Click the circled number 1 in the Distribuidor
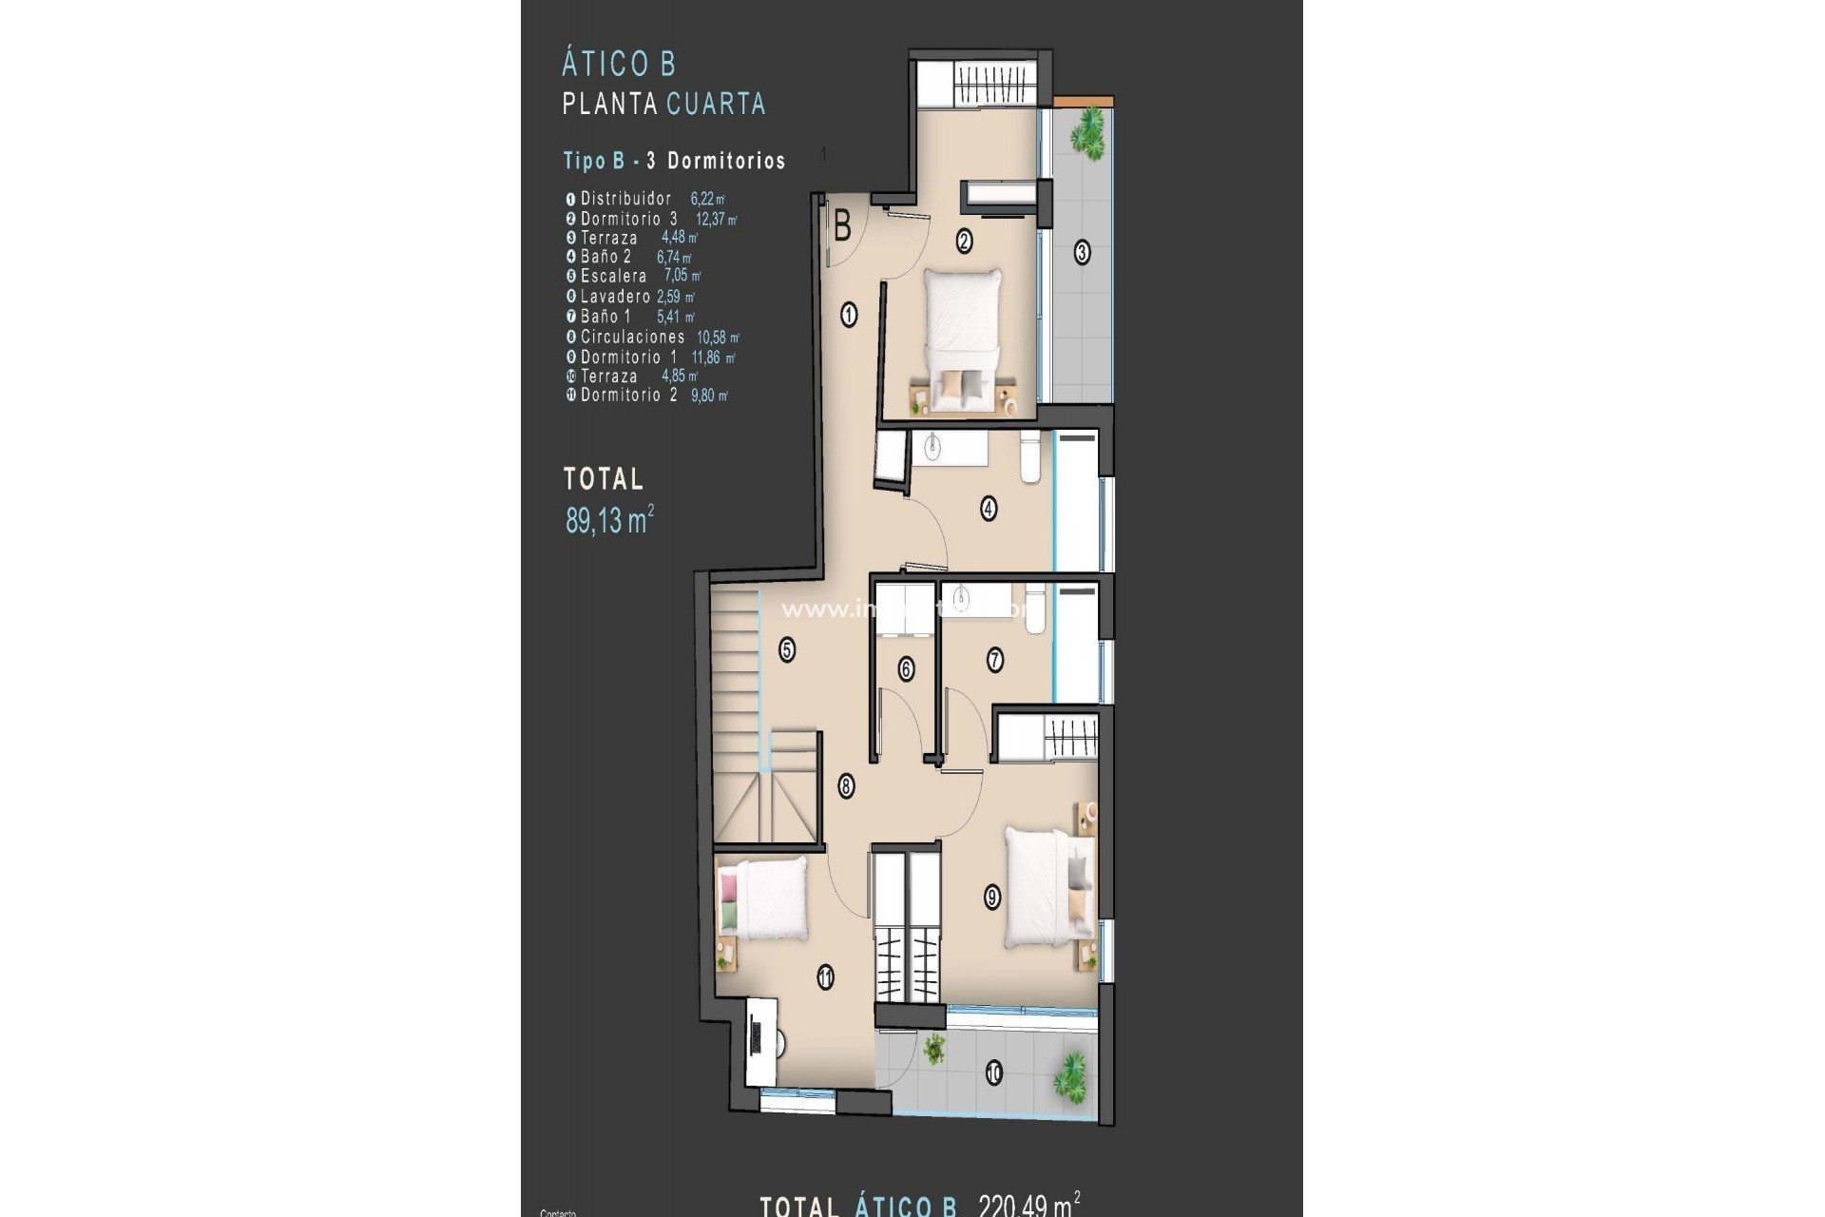849,315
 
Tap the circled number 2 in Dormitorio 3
964,241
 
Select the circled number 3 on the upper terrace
1082,253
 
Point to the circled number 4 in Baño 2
989,509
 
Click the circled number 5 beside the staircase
786,650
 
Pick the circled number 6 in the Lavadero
906,669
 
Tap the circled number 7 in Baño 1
995,660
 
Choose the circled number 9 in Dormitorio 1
992,897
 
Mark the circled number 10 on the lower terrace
993,1074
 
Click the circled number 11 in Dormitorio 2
825,976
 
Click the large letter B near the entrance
842,227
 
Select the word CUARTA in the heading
716,104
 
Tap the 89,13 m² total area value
609,520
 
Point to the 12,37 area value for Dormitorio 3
715,220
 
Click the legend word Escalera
614,277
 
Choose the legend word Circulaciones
632,338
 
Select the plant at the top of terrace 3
1088,130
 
